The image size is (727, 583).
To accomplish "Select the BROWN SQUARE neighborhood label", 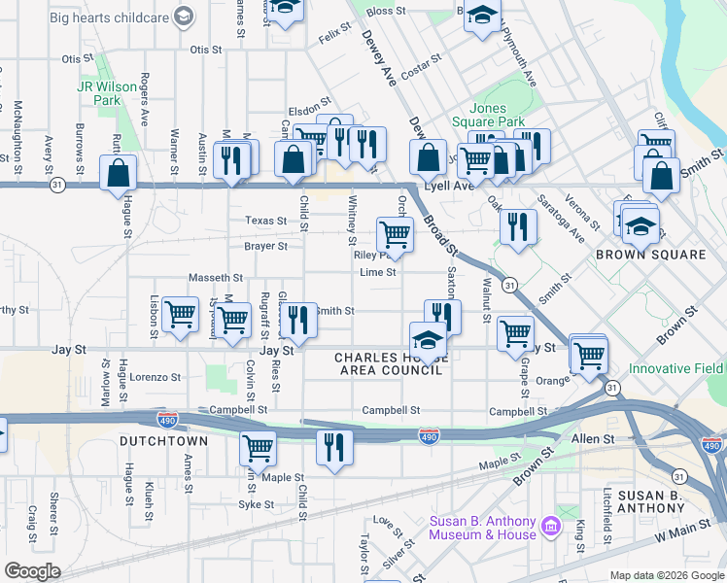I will pos(650,255).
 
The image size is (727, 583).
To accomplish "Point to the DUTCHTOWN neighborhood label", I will pos(163,441).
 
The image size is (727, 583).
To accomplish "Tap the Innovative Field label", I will pos(675,368).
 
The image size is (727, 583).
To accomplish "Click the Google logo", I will pos(32,571).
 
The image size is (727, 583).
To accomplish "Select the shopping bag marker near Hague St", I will pos(119,174).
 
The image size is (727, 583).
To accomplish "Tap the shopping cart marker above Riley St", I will pos(395,233).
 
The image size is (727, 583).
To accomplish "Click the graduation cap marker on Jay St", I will pos(427,340).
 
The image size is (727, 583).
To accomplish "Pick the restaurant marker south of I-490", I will pos(333,447).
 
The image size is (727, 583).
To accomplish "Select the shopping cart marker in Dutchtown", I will pos(258,448).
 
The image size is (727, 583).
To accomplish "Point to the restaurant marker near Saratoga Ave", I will pos(518,227).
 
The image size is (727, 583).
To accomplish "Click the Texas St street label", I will pos(265,221).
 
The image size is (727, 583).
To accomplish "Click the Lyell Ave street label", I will pos(448,185).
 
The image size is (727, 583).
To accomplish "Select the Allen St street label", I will pos(594,439).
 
